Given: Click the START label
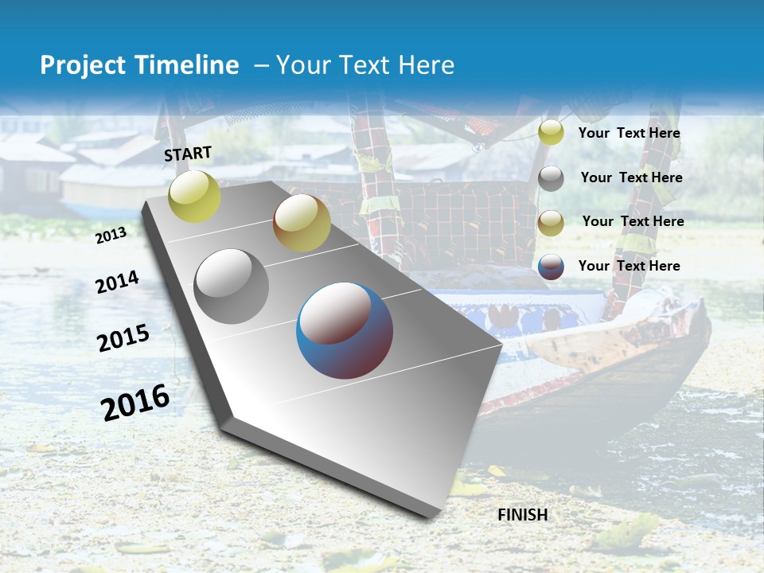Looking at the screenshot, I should click(188, 154).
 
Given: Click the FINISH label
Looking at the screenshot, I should click(522, 515).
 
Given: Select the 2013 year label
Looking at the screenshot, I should click(111, 235).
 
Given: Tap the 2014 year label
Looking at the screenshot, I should click(117, 282).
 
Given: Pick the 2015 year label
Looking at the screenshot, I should click(123, 337).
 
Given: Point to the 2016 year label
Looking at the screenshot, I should click(135, 401).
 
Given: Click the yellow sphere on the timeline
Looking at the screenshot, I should click(194, 197).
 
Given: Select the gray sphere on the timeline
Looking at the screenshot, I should click(232, 286).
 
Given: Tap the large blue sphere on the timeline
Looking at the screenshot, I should click(345, 330).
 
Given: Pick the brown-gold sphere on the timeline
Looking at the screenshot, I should click(302, 223).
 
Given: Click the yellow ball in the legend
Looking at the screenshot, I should click(551, 133).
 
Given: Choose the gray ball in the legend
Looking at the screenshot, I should click(551, 178).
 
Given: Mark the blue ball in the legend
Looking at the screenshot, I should click(551, 267).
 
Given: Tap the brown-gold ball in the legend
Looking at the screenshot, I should click(551, 223).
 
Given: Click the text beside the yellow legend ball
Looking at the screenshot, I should click(629, 133).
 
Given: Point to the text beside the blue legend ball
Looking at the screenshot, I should click(629, 266).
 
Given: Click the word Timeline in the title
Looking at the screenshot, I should click(183, 65).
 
